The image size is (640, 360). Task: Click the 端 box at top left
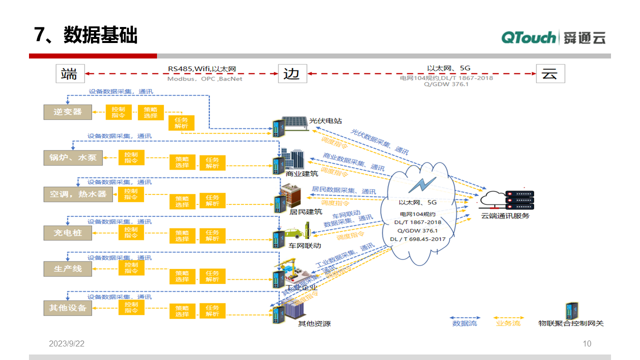[x=70, y=73]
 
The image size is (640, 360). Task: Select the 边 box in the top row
[x=292, y=73]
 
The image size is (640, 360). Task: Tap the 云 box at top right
[x=550, y=73]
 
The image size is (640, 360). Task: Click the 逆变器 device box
[x=68, y=111]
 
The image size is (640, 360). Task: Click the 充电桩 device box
[x=68, y=232]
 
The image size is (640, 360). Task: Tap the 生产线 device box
[x=68, y=269]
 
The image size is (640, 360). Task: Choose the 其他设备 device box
[x=68, y=307]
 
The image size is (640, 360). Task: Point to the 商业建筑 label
[x=301, y=174]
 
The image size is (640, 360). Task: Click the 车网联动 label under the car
[x=305, y=245]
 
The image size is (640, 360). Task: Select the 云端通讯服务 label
[x=505, y=216]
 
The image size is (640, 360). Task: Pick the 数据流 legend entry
[x=464, y=323]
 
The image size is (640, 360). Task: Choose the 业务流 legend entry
[x=508, y=323]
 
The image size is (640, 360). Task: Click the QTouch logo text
[x=528, y=37]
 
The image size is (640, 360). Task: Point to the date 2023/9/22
[x=66, y=343]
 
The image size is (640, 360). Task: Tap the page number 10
[x=587, y=343]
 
